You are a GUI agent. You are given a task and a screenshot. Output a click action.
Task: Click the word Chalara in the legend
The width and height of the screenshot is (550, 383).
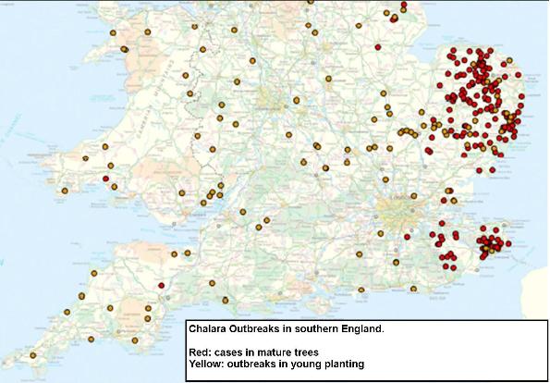pyautogui.click(x=208, y=327)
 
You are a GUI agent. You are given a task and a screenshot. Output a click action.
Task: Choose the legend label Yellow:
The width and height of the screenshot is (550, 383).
pyautogui.click(x=206, y=364)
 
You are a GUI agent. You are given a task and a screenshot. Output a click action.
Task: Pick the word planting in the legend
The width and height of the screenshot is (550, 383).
pyautogui.click(x=338, y=364)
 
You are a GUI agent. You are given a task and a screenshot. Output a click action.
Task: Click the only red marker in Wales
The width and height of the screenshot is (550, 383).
pyautogui.click(x=106, y=179)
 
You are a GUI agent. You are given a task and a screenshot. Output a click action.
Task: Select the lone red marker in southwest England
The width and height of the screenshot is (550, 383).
pyautogui.click(x=161, y=285)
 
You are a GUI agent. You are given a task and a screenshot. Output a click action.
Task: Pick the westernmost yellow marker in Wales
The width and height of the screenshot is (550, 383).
pyautogui.click(x=65, y=191)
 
